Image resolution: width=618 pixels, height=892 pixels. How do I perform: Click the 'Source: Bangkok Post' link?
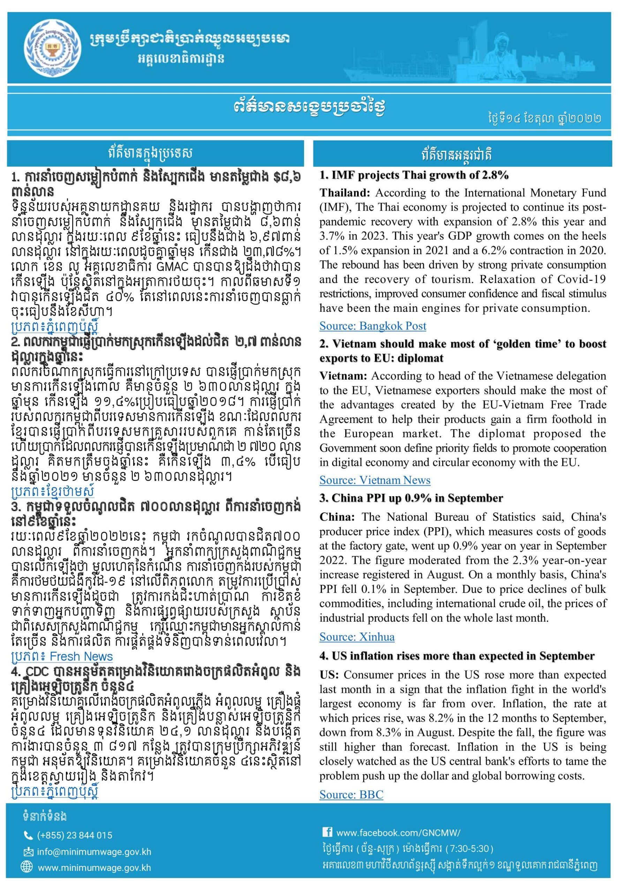pyautogui.click(x=372, y=326)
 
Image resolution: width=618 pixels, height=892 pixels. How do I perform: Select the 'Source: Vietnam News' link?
pyautogui.click(x=375, y=480)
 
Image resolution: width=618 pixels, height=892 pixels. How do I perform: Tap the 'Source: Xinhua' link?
pyautogui.click(x=357, y=637)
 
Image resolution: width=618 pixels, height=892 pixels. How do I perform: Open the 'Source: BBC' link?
pyautogui.click(x=351, y=794)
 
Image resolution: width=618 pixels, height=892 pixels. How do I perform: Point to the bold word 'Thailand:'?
pyautogui.click(x=345, y=193)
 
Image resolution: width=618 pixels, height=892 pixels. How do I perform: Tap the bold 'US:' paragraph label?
pyautogui.click(x=329, y=675)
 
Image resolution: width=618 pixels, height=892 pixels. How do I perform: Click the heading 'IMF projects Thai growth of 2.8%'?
pyautogui.click(x=414, y=175)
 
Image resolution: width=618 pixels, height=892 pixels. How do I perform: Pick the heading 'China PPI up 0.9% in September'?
pyautogui.click(x=411, y=498)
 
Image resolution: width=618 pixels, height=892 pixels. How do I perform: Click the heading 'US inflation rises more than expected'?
pyautogui.click(x=457, y=656)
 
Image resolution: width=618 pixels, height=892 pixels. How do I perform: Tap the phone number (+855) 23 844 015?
pyautogui.click(x=74, y=835)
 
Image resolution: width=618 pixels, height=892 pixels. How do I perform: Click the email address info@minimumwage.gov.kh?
pyautogui.click(x=94, y=852)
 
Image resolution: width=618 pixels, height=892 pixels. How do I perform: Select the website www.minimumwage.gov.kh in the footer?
pyautogui.click(x=94, y=867)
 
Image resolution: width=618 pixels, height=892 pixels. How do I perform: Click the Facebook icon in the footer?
pyautogui.click(x=327, y=832)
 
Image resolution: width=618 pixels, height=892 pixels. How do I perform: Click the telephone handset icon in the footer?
pyautogui.click(x=28, y=836)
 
